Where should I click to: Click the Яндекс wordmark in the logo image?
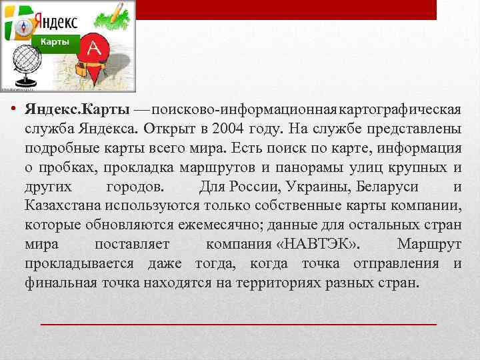click(55, 19)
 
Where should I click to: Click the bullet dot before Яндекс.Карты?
click(14, 109)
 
